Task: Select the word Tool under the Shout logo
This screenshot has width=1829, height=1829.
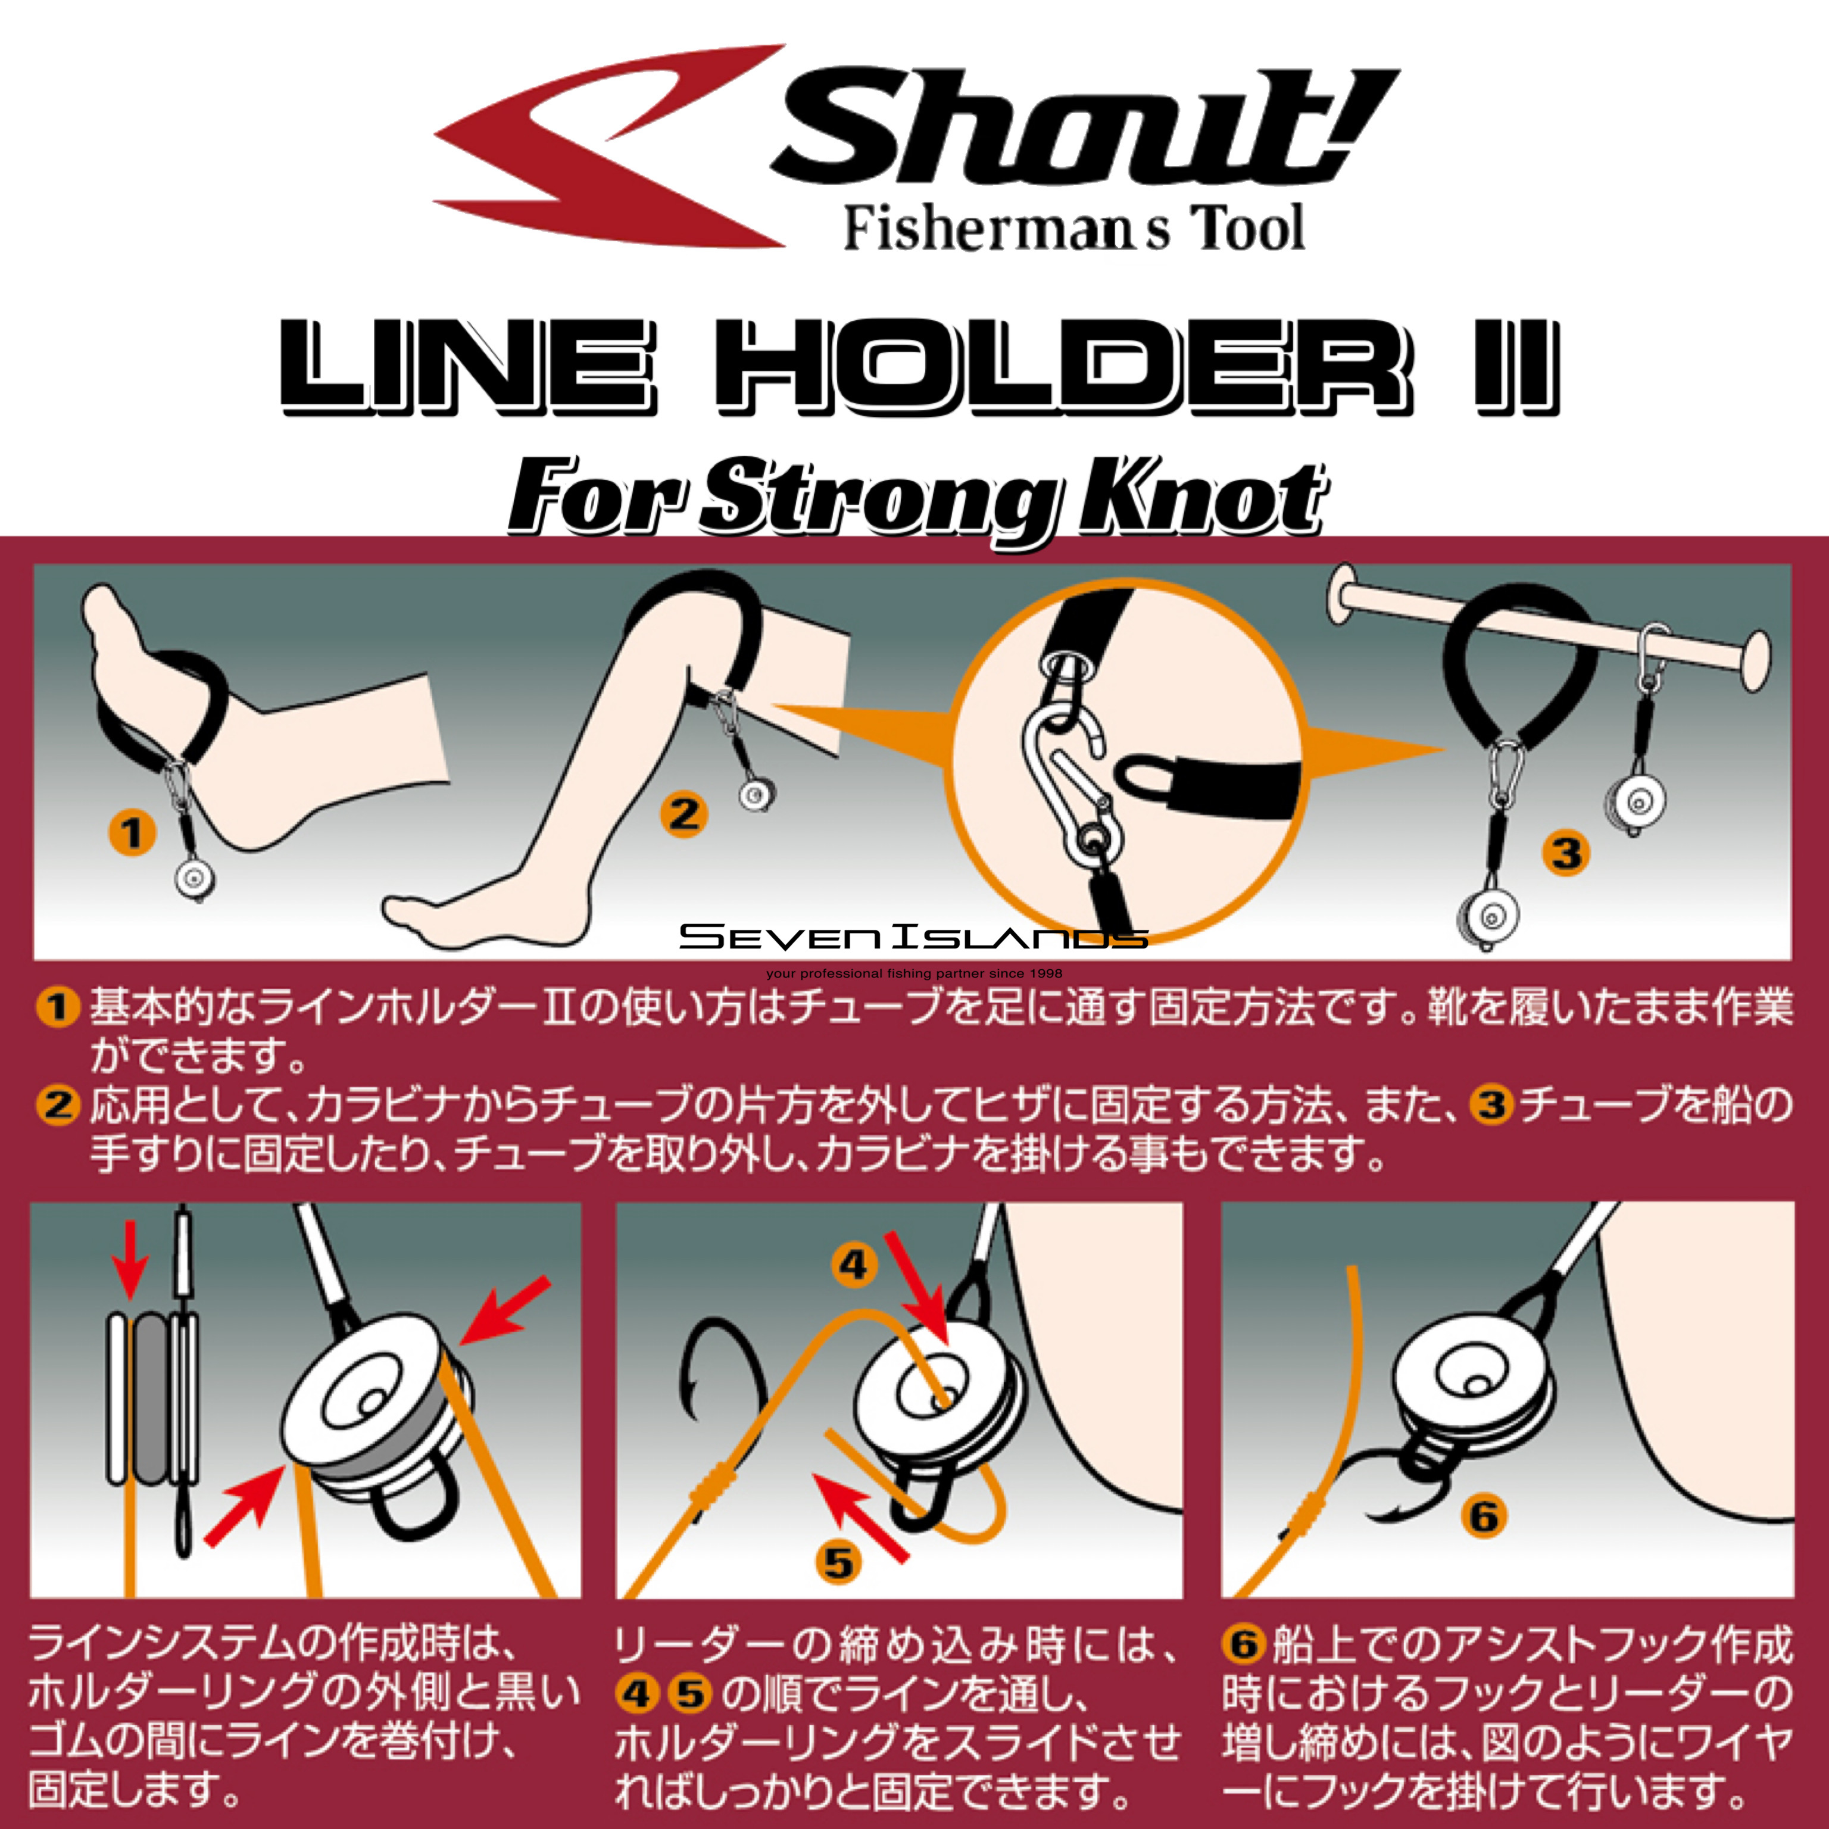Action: click(x=1250, y=229)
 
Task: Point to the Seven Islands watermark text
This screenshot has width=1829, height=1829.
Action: click(x=913, y=937)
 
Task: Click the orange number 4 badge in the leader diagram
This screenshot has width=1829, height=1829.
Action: click(x=854, y=1265)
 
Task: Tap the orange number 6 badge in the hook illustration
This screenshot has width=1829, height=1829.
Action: click(x=1484, y=1516)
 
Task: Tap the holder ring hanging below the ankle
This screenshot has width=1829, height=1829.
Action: click(x=195, y=879)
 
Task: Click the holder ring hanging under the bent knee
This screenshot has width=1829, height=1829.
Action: click(x=756, y=793)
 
